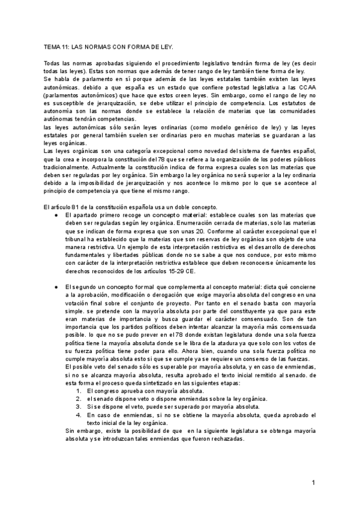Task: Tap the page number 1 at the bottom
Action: coord(313,483)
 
